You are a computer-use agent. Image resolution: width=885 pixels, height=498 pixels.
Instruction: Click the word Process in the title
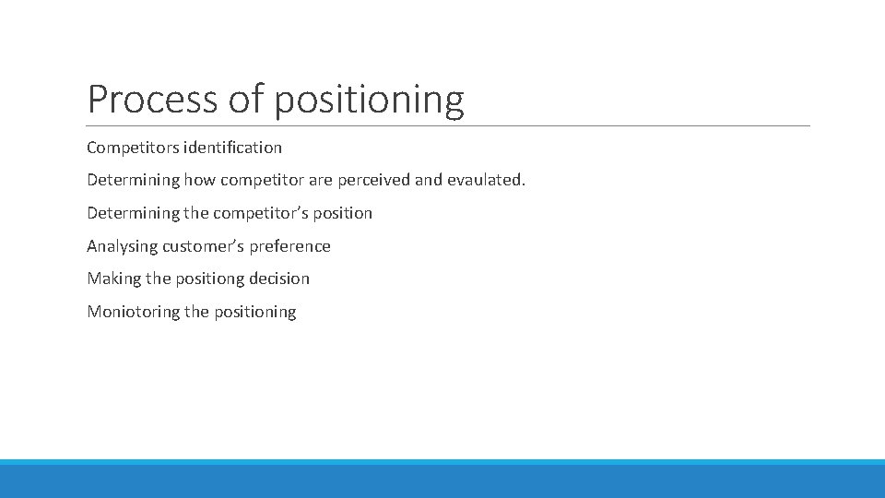click(152, 99)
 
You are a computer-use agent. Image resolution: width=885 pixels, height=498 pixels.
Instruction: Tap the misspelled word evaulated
click(486, 180)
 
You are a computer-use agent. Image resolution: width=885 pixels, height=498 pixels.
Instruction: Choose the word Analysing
click(123, 246)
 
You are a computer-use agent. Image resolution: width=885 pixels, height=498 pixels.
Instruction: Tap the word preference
click(290, 246)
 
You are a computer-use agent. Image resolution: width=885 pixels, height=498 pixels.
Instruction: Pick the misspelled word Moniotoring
click(134, 312)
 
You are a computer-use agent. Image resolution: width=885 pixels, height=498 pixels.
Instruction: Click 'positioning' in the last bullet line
click(255, 312)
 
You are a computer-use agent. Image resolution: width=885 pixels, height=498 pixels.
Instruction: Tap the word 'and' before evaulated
click(429, 180)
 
